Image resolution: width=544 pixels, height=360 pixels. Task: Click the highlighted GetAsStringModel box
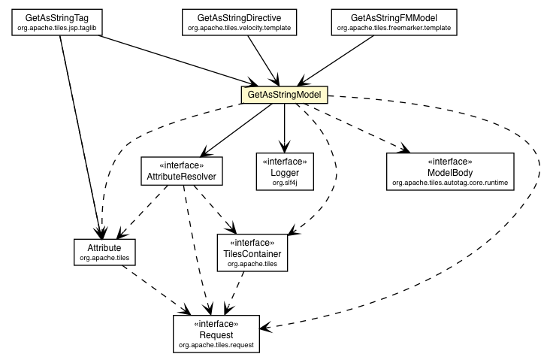point(284,95)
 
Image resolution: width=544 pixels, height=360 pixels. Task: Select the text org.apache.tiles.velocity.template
point(239,27)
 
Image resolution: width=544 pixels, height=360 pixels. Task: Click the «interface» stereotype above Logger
point(284,162)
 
